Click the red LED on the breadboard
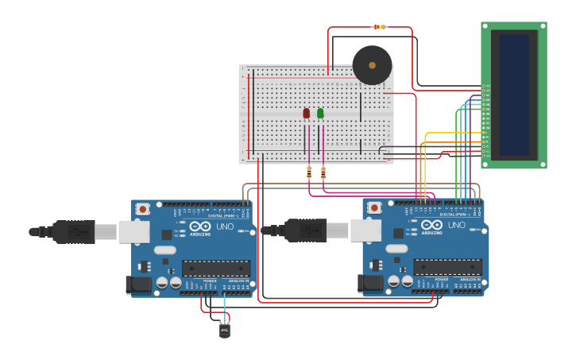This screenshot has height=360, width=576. click(x=306, y=114)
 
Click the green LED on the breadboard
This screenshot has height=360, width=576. click(x=320, y=114)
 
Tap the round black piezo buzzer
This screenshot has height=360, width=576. click(x=372, y=65)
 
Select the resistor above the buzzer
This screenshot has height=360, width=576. click(x=380, y=27)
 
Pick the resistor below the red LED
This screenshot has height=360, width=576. click(x=309, y=172)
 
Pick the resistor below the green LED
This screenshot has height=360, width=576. click(x=323, y=172)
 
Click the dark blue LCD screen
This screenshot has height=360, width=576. click(x=513, y=94)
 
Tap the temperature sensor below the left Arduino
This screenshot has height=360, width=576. click(x=225, y=328)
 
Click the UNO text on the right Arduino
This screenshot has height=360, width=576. click(x=457, y=226)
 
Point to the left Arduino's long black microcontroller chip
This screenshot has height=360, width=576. click(x=215, y=268)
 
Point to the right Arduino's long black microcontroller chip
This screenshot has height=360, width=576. click(x=446, y=267)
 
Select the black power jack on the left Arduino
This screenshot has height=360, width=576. click(x=140, y=284)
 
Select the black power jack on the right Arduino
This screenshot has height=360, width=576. click(x=371, y=284)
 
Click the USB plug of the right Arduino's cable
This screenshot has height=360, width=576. click(x=306, y=230)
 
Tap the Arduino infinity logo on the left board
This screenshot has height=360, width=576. click(x=200, y=225)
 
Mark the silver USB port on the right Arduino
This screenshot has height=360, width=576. click(x=365, y=230)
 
